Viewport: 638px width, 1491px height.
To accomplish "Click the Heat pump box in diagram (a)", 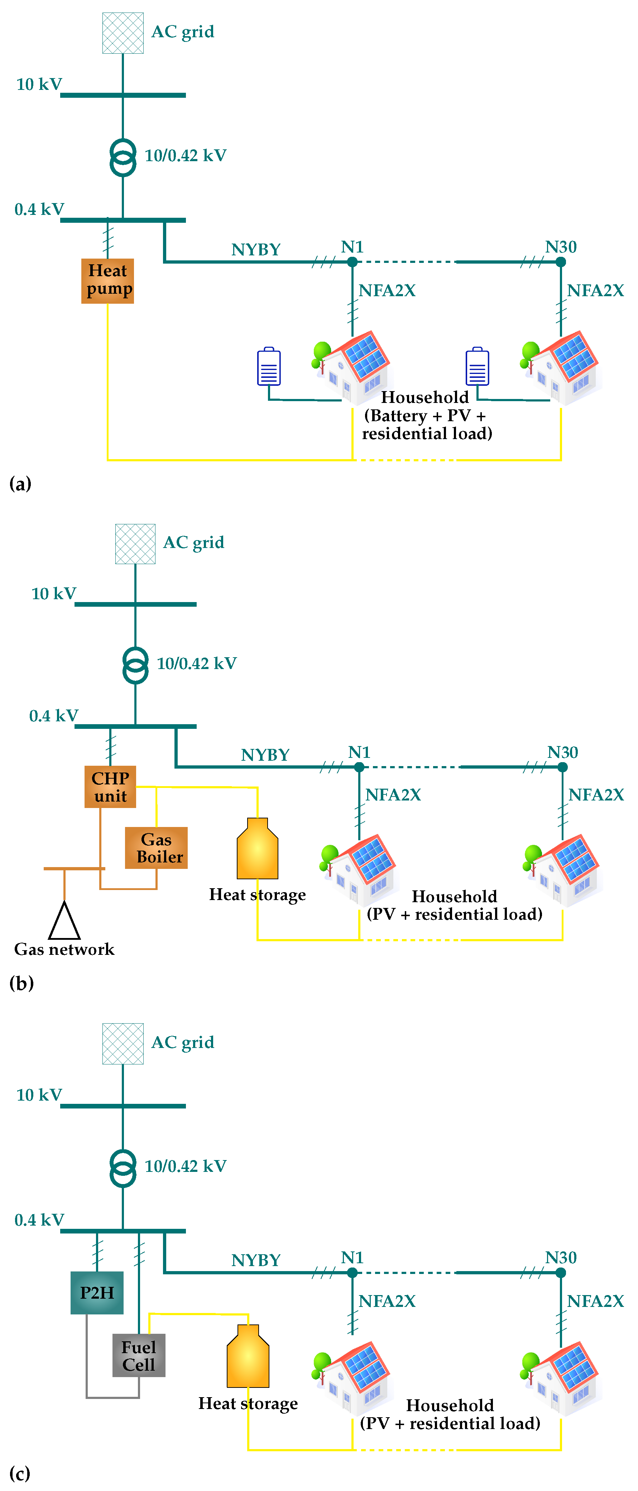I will (108, 281).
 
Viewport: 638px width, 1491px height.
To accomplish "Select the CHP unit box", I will (110, 787).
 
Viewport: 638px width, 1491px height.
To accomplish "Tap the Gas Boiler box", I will (156, 848).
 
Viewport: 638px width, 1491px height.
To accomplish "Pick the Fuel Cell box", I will (139, 1356).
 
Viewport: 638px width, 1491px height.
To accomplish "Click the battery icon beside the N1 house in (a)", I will (269, 366).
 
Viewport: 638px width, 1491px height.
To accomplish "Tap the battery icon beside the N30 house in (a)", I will (477, 366).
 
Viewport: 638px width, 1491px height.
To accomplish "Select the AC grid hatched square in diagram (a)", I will (123, 33).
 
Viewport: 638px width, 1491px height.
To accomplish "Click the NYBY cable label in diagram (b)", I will (265, 755).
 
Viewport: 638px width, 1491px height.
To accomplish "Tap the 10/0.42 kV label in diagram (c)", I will (185, 1166).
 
